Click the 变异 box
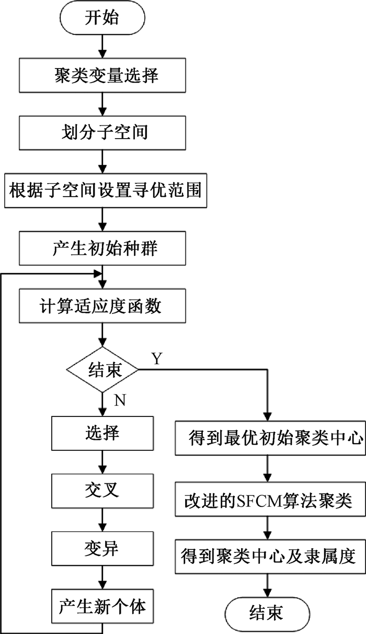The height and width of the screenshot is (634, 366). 102,549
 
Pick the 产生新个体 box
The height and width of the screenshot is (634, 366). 102,607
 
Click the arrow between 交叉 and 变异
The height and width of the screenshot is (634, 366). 102,520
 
